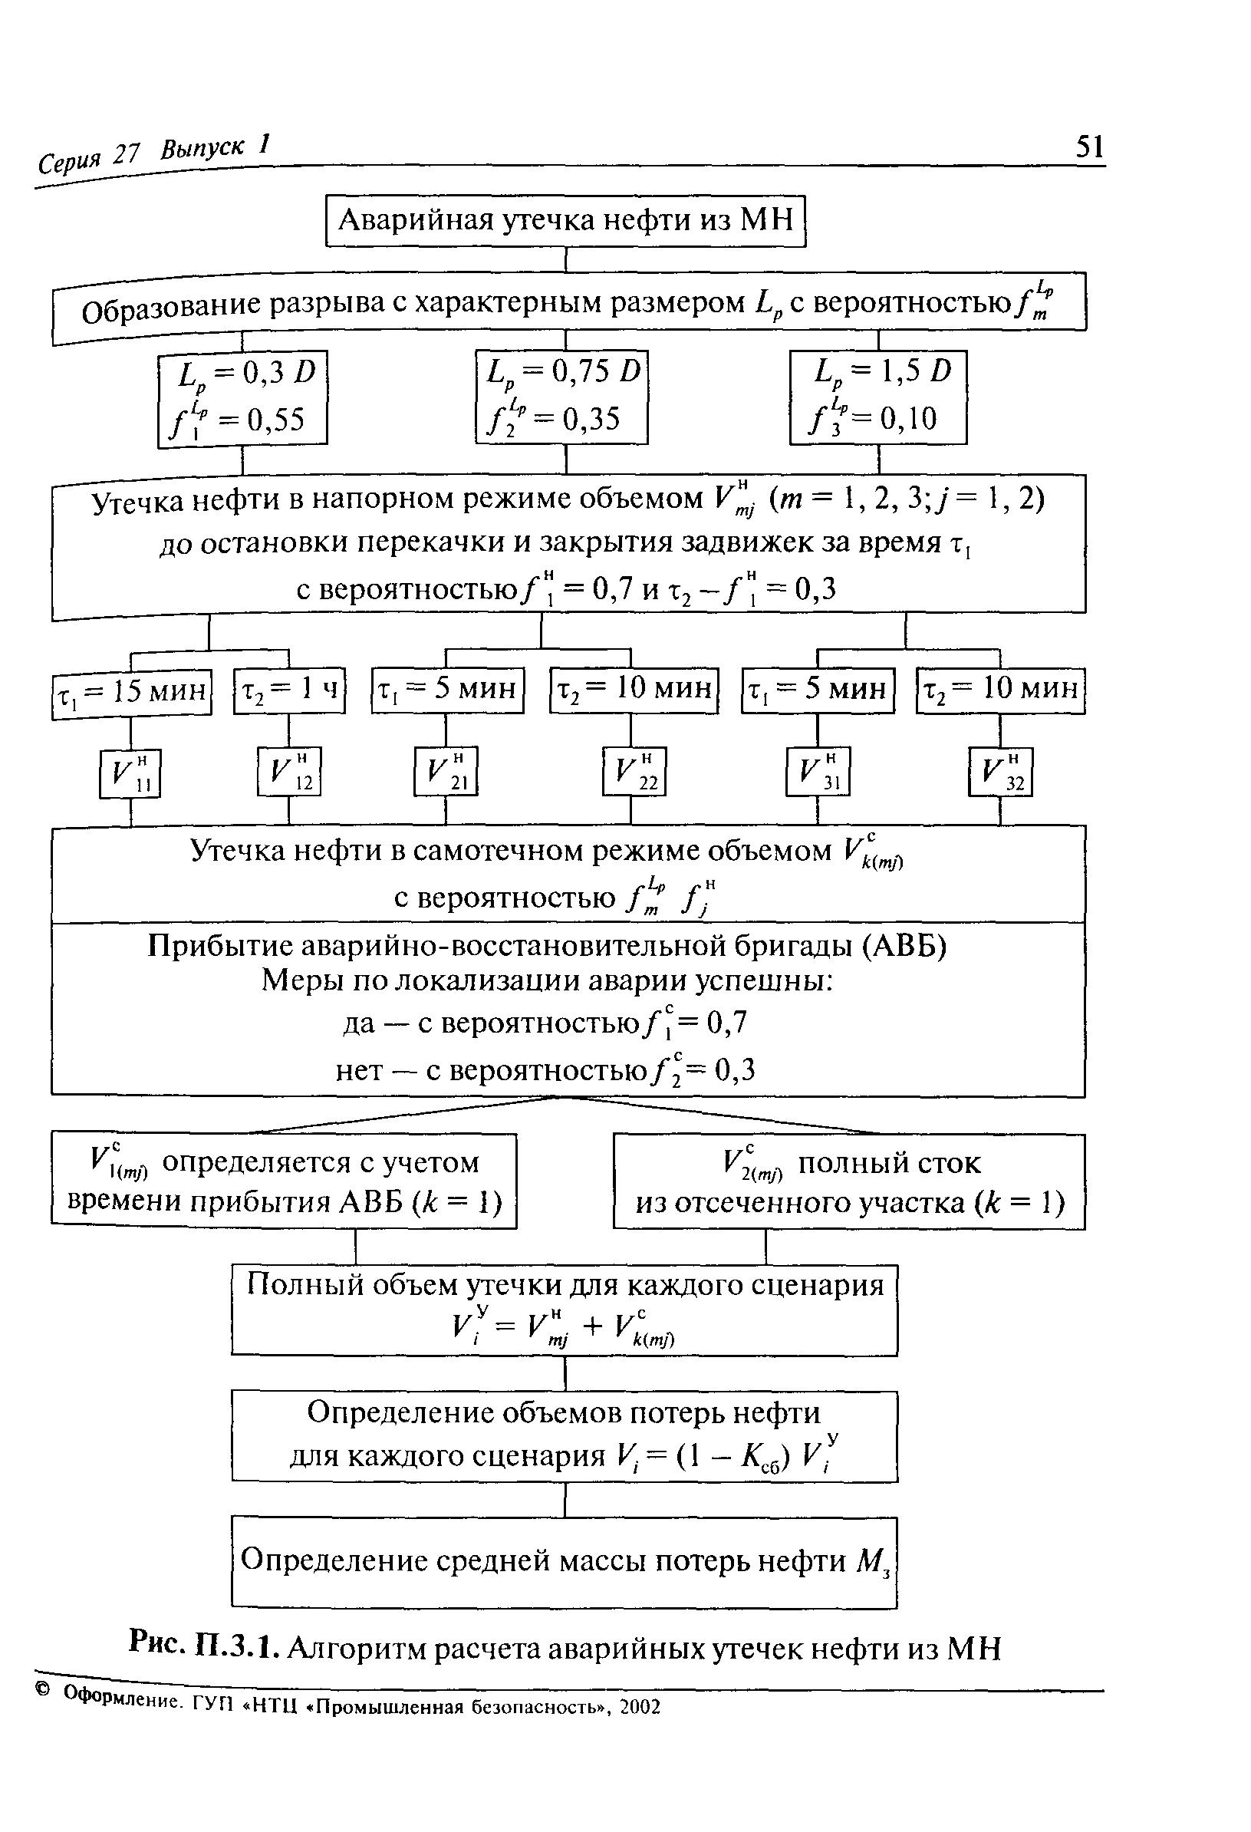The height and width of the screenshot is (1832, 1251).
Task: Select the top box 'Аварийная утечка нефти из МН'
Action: [x=566, y=221]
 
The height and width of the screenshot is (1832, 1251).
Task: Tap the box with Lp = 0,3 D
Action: [x=242, y=399]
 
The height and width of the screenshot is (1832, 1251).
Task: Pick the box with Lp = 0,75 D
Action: [x=561, y=397]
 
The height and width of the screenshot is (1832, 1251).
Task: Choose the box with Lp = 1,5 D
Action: [x=878, y=397]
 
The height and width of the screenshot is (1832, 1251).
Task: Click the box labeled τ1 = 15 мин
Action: [x=132, y=694]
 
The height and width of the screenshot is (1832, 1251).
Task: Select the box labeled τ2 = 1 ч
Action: [x=289, y=690]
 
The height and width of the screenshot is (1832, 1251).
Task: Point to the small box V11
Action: [x=130, y=773]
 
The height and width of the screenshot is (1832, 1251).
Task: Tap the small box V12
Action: [x=288, y=771]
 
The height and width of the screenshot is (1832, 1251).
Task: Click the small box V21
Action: [x=446, y=771]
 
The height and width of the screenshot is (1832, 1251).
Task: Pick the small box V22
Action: [x=634, y=771]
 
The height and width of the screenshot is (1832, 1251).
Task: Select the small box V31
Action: [x=818, y=771]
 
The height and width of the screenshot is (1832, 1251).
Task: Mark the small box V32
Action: [x=1000, y=772]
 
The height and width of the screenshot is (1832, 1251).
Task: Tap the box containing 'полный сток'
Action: [x=849, y=1181]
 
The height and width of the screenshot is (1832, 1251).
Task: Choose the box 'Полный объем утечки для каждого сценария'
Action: [x=565, y=1310]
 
